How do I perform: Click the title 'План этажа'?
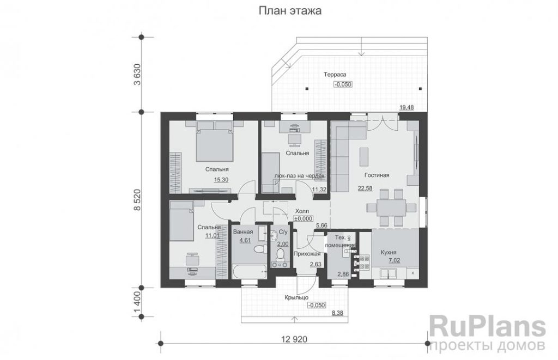[290, 11]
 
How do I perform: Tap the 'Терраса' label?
[335, 75]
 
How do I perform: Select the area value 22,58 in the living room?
[365, 188]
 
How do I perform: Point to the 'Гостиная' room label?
[377, 175]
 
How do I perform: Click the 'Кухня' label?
[389, 252]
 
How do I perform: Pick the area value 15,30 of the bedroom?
[221, 180]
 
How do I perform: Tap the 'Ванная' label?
[242, 232]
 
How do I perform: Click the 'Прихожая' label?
[307, 254]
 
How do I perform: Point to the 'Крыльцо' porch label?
[296, 298]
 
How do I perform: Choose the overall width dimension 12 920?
[294, 339]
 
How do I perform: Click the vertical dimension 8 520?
[137, 200]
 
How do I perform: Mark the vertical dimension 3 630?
[137, 75]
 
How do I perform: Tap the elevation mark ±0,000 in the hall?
[303, 219]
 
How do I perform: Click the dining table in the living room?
[386, 208]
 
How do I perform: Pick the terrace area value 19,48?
[407, 107]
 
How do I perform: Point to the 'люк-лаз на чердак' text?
[300, 176]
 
